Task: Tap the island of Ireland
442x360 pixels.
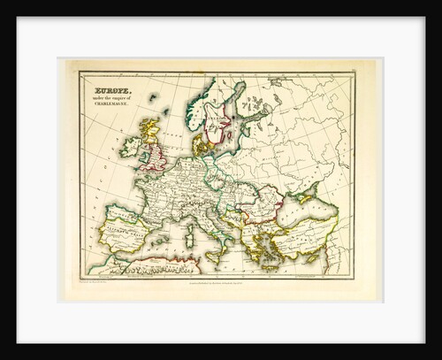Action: tap(130, 148)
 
